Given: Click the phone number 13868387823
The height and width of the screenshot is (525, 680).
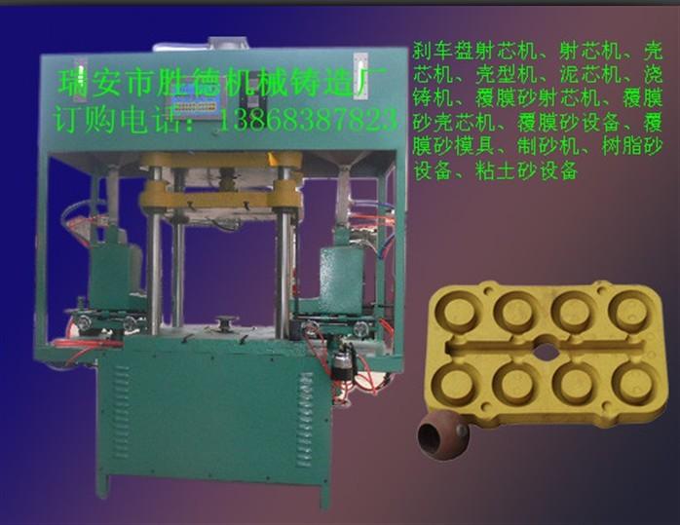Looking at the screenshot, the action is tap(309, 120).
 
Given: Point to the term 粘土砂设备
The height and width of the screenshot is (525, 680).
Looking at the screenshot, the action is tap(526, 170).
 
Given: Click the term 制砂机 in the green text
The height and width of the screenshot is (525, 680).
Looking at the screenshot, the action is tap(548, 146).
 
